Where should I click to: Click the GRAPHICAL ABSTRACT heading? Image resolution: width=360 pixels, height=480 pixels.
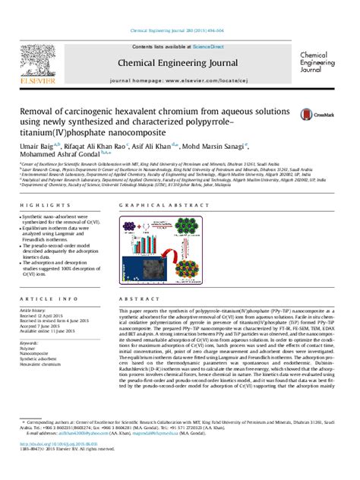point(154,206)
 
